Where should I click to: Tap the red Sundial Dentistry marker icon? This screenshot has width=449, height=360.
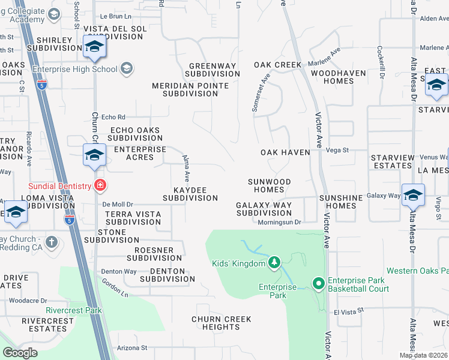click(x=101, y=185)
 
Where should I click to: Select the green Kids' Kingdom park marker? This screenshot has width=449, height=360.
click(x=274, y=262)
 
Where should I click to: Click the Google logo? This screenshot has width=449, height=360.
click(x=20, y=352)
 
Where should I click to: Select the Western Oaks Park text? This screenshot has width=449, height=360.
click(x=417, y=271)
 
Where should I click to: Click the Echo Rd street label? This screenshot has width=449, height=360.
click(x=113, y=117)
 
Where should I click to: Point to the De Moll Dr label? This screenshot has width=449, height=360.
click(x=117, y=204)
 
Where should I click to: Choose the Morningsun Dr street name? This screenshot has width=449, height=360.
click(x=279, y=222)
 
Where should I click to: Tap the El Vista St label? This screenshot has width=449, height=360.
click(x=345, y=312)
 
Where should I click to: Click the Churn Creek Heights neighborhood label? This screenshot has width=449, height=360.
click(x=221, y=323)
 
